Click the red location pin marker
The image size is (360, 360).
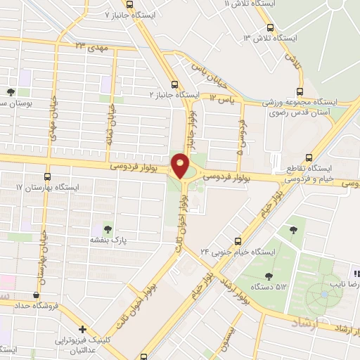coord(181,166)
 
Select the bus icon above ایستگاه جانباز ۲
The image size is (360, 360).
coord(174,83)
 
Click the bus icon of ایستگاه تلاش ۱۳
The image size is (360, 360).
coord(270,27)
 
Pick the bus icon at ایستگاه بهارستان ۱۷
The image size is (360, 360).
coord(48,176)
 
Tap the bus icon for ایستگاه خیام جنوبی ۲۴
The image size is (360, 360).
coord(238,240)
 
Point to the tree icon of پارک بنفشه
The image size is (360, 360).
coord(107,229)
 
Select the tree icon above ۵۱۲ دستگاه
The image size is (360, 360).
coord(269,276)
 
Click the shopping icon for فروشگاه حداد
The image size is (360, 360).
coord(36,295)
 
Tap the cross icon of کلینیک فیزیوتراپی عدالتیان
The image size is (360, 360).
coord(83,329)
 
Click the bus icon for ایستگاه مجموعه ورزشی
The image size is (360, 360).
coord(301,91)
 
